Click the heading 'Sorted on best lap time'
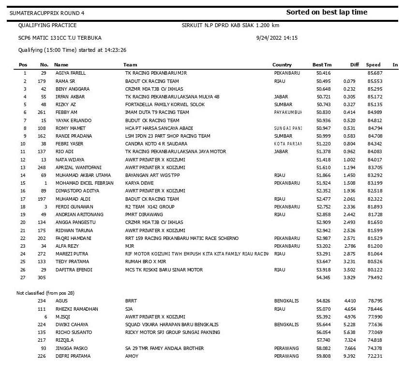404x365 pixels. (327, 12)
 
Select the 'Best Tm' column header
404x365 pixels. (322, 64)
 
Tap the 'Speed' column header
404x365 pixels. (373, 64)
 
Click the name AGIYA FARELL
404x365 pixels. (71, 73)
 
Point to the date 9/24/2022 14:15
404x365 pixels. (276, 37)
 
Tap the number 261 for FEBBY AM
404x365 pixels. (43, 112)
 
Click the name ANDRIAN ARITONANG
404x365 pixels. (78, 215)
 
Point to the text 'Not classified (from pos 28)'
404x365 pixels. (45, 293)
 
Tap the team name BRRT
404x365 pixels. (131, 301)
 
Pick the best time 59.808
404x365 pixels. (324, 356)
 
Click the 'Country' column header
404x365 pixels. (282, 64)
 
